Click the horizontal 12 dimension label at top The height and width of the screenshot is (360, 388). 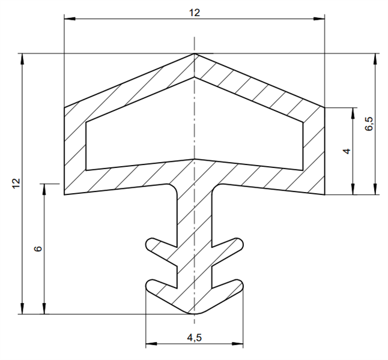(x=194, y=13)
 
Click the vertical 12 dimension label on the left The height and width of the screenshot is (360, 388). (x=16, y=183)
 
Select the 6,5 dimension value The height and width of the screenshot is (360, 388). (x=369, y=124)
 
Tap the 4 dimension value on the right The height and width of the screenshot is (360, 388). (x=347, y=151)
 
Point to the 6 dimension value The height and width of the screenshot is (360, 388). (x=38, y=248)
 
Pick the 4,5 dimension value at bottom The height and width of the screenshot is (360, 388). (x=194, y=337)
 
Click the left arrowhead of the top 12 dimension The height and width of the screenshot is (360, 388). (x=70, y=19)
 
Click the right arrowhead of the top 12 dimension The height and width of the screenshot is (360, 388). (x=319, y=19)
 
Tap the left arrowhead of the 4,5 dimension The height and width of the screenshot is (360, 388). (x=151, y=344)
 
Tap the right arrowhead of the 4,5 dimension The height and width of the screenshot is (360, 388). (x=238, y=344)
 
